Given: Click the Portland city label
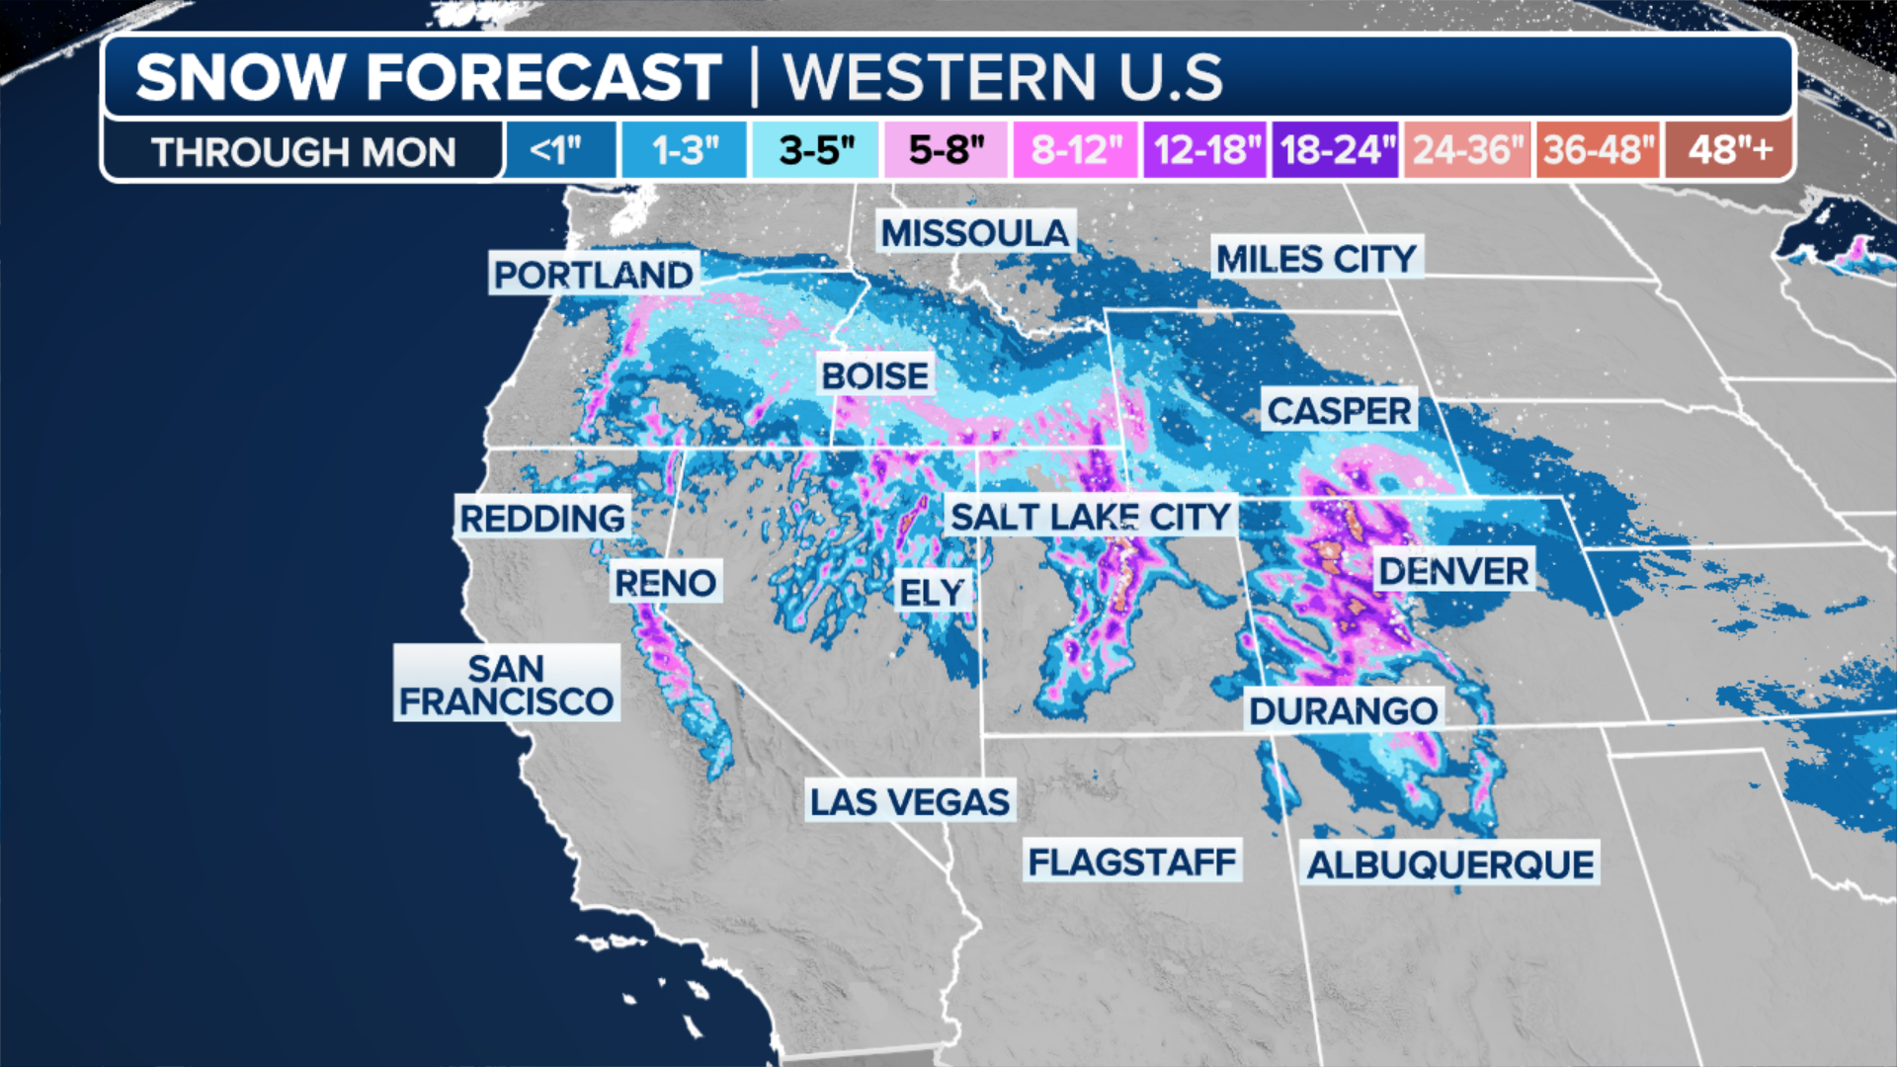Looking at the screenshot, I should pyautogui.click(x=594, y=275).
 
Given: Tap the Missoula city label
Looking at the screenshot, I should pyautogui.click(x=975, y=233).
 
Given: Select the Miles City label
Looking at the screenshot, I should pyautogui.click(x=1316, y=259).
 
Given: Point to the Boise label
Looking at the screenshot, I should pyautogui.click(x=875, y=375).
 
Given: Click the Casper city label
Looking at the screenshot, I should pyautogui.click(x=1339, y=410).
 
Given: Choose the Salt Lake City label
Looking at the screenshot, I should pyautogui.click(x=1090, y=516).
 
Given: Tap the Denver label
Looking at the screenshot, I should pyautogui.click(x=1453, y=570).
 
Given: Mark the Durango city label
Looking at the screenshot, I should pyautogui.click(x=1343, y=710).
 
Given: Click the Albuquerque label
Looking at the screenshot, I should pyautogui.click(x=1449, y=864).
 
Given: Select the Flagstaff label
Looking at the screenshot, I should pyautogui.click(x=1131, y=862).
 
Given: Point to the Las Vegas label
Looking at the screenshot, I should pyautogui.click(x=910, y=801).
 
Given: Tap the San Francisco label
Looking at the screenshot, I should pyautogui.click(x=506, y=684).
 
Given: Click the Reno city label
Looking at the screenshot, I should pyautogui.click(x=665, y=583).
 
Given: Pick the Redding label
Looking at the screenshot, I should pyautogui.click(x=542, y=518).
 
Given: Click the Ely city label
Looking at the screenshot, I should pyautogui.click(x=931, y=592).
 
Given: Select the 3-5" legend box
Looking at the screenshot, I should pyautogui.click(x=815, y=150).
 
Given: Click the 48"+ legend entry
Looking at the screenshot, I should pyautogui.click(x=1729, y=150).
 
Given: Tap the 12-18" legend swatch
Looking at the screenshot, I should pyautogui.click(x=1205, y=150).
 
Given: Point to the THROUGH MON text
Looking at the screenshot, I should pyautogui.click(x=303, y=152).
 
